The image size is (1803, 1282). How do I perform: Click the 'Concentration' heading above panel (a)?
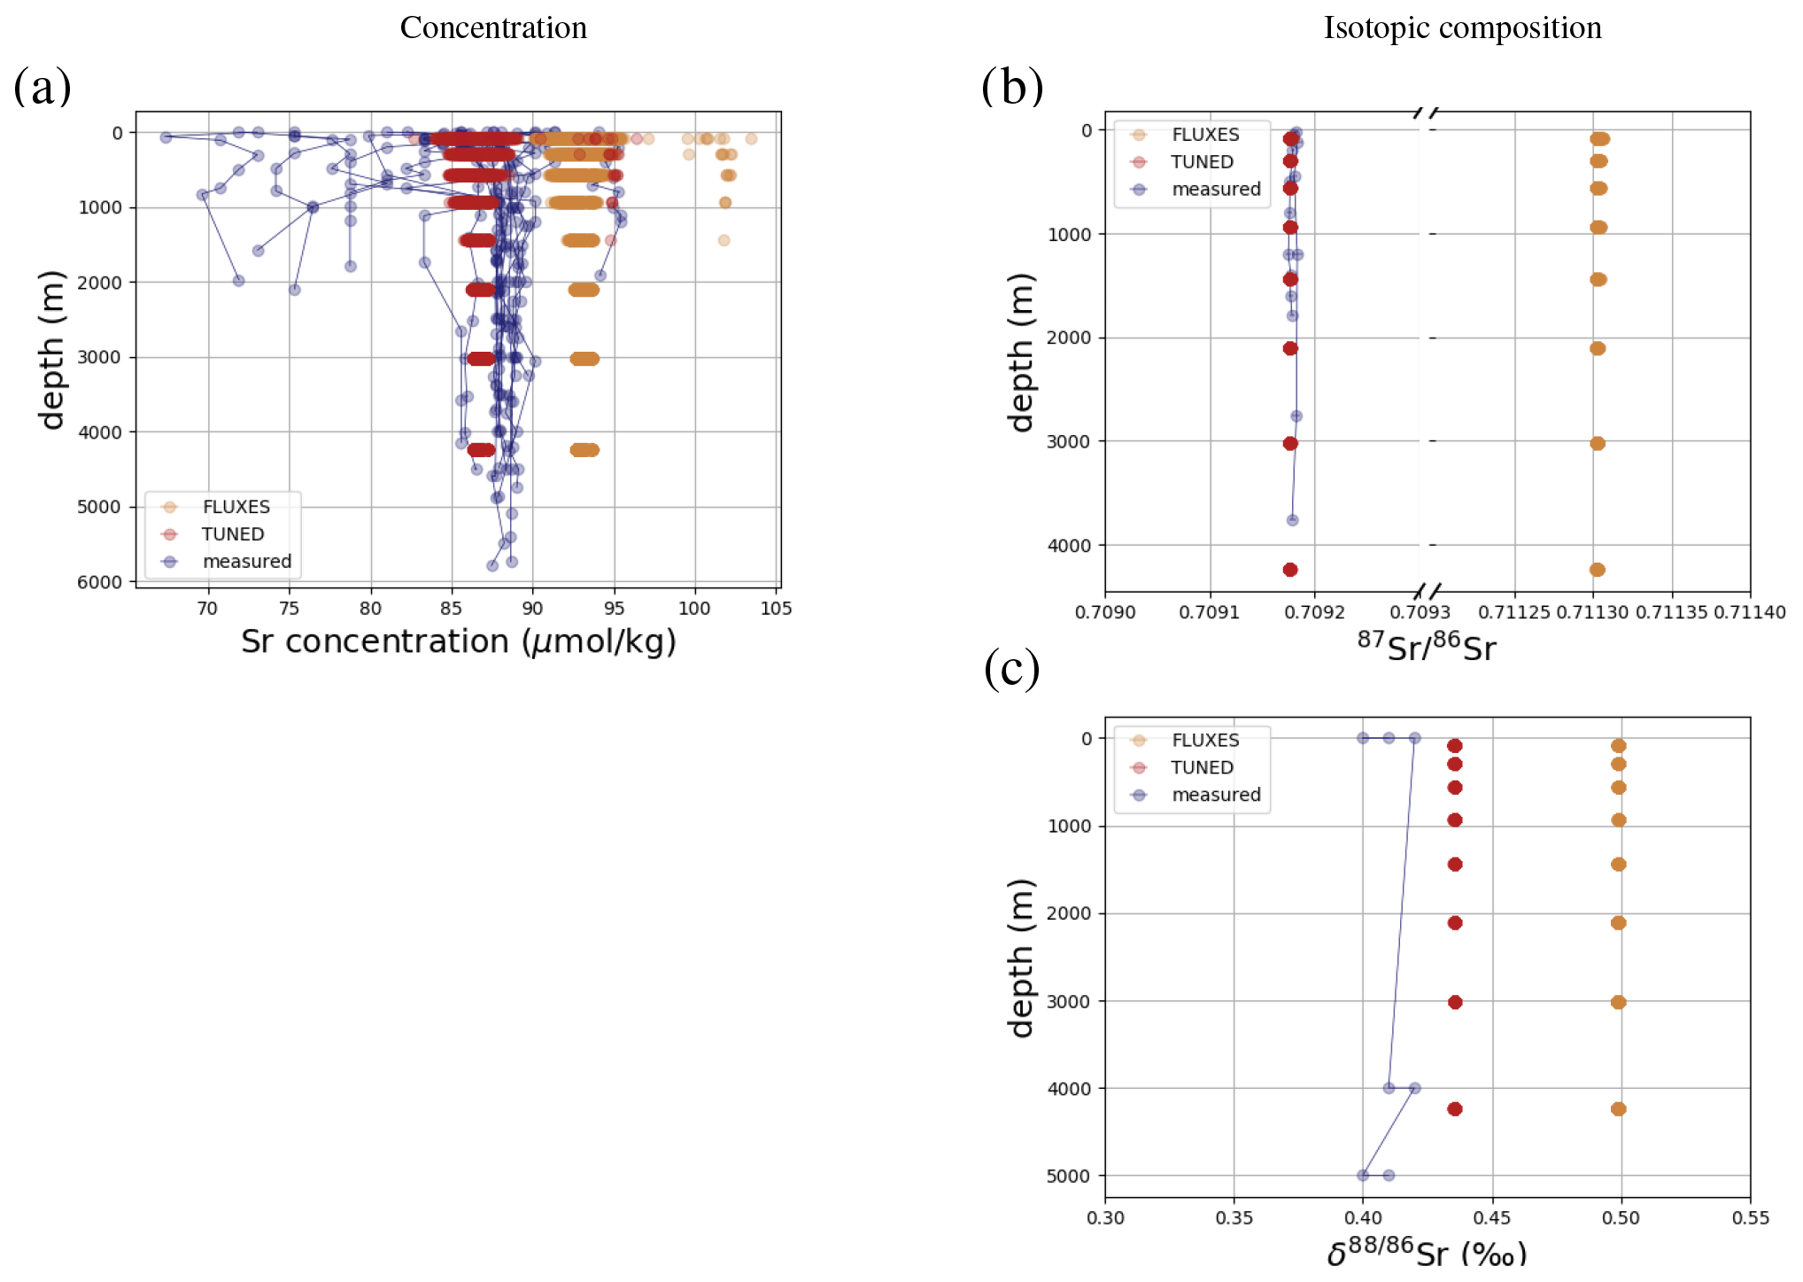coord(493,27)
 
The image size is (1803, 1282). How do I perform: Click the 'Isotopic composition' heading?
coord(1462,27)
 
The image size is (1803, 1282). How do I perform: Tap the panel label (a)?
coord(42,87)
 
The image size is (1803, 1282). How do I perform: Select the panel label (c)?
coord(1011,669)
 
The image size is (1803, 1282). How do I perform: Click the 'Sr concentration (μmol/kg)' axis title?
coord(458,641)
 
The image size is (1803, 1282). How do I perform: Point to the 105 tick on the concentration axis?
coord(776,609)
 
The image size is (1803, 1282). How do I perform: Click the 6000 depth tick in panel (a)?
coord(99,582)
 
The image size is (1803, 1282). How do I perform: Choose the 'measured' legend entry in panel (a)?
coord(246,562)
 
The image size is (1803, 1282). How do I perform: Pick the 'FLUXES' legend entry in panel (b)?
coord(1205,135)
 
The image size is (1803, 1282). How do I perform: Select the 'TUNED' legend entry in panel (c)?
coord(1202,767)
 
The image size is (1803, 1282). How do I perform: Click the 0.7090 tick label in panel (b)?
coord(1104,612)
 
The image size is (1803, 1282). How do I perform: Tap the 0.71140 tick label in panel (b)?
coord(1749,612)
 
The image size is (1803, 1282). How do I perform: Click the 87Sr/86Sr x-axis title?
coord(1427,647)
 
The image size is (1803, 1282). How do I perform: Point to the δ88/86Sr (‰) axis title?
coord(1427,1253)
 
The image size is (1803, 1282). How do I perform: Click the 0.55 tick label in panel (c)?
coord(1750,1218)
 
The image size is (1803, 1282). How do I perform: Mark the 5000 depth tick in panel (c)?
coord(1069,1176)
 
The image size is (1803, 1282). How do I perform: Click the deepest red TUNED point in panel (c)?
coord(1454,1108)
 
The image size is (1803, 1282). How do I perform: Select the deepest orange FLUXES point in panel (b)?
coord(1597,570)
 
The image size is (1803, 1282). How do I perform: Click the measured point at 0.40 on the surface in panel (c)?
coord(1363,738)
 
